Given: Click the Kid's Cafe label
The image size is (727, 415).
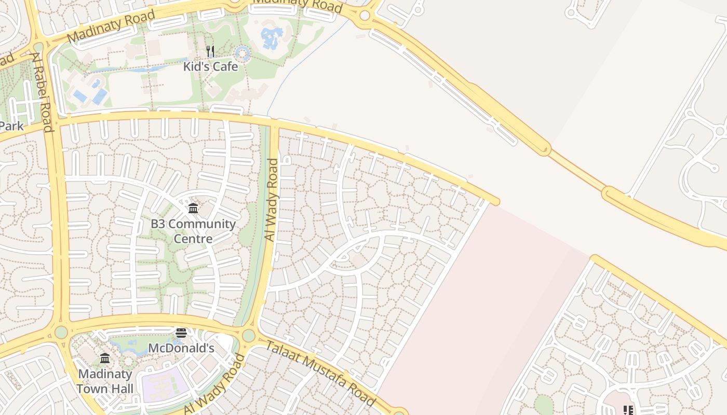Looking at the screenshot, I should click(x=210, y=66).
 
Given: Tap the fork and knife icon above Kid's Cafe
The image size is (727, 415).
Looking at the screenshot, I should click(x=210, y=51).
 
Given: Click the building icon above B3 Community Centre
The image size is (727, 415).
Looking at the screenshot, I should click(x=193, y=209).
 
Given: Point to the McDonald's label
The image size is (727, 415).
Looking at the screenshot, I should click(x=181, y=348).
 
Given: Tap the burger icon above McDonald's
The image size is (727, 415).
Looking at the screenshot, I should click(x=181, y=333).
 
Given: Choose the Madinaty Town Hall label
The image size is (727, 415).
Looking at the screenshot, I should click(x=105, y=381).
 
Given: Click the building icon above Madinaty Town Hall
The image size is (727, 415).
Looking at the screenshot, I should click(x=105, y=358).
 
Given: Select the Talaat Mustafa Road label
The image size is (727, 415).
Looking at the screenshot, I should click(x=320, y=373).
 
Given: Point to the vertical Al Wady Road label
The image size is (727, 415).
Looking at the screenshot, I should click(x=272, y=200).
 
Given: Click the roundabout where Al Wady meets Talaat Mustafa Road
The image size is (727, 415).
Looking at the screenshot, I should click(x=249, y=336).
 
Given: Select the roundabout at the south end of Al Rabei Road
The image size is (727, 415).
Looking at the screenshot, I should click(x=61, y=331).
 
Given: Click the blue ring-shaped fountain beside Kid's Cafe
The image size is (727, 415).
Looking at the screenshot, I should click(x=242, y=53).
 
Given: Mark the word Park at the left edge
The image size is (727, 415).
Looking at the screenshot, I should click(x=11, y=126).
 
